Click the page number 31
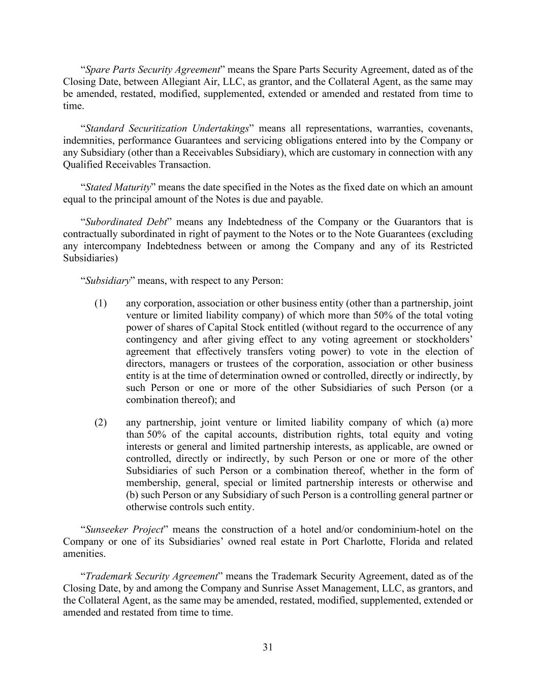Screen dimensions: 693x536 point(268,647)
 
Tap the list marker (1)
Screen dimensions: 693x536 point(101,304)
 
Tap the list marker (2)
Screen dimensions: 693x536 point(101,422)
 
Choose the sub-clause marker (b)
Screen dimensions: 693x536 point(133,495)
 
